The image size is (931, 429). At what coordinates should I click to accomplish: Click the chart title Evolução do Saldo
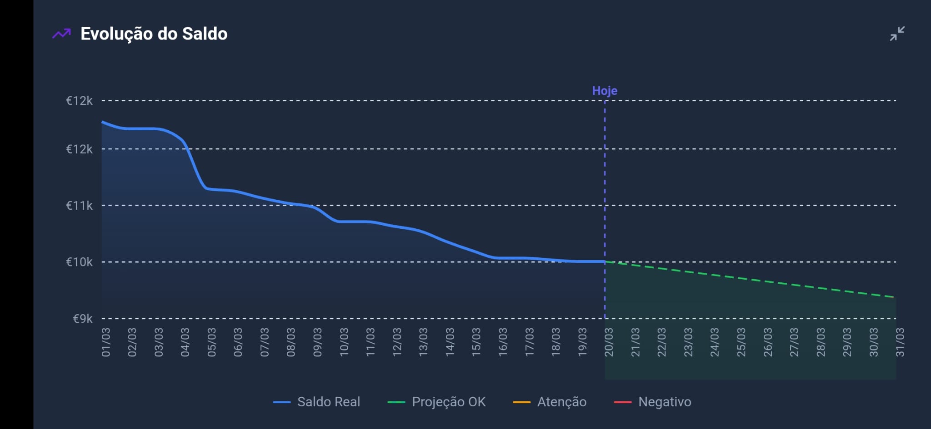154,34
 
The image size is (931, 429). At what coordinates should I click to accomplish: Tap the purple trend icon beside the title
61,34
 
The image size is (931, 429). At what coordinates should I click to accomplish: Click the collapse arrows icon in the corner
897,34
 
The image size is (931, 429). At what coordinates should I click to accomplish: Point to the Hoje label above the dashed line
605,91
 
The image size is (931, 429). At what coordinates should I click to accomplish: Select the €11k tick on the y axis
80,206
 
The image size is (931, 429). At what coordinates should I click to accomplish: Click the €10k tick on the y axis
80,262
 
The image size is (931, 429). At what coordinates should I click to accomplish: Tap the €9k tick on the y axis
83,319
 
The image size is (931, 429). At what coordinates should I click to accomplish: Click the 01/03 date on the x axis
105,342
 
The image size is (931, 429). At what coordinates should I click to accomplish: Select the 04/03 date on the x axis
185,342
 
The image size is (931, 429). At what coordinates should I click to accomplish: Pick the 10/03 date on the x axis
344,342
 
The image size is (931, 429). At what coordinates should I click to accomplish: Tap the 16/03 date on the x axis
503,342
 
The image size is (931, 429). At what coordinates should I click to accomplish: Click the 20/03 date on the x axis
609,342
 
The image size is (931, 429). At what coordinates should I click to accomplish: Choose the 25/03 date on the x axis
741,342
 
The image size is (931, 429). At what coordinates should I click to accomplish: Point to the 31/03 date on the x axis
900,342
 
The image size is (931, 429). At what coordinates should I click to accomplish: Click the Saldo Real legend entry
317,402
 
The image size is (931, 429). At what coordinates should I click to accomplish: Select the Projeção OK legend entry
437,402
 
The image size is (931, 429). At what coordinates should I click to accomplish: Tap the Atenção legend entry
550,402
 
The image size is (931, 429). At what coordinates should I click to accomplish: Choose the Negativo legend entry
653,402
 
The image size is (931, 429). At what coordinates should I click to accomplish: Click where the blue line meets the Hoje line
605,262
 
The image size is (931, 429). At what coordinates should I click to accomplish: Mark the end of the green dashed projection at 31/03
895,297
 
